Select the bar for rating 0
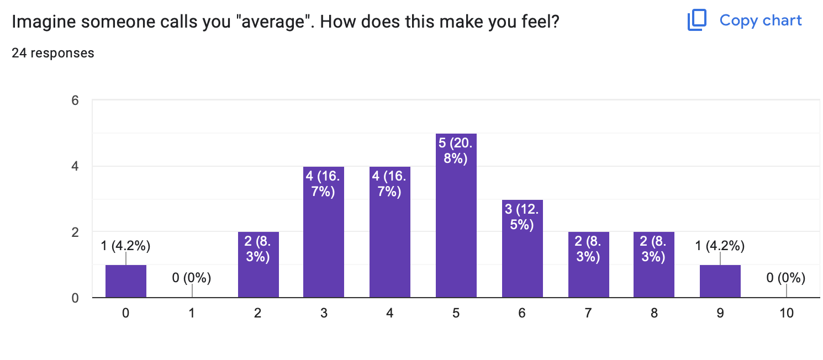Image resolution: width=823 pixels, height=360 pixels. pos(126,282)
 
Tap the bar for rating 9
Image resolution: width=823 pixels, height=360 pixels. pos(720,282)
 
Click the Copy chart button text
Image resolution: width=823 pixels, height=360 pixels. pos(761,20)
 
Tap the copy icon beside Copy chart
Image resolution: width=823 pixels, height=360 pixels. pos(697,20)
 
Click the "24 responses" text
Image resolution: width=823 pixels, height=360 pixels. pos(53,53)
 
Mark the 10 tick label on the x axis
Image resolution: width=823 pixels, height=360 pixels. pos(786,314)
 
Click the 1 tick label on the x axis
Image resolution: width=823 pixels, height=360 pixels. pos(192,314)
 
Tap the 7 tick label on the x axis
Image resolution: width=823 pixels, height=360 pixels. pos(588,314)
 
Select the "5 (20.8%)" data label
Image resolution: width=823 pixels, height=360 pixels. pos(456,151)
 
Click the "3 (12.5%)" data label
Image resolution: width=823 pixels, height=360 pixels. pos(522,217)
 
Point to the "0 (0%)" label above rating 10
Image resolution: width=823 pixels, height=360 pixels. pos(786,278)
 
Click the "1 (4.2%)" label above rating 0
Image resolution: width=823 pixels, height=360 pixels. pos(126,246)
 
